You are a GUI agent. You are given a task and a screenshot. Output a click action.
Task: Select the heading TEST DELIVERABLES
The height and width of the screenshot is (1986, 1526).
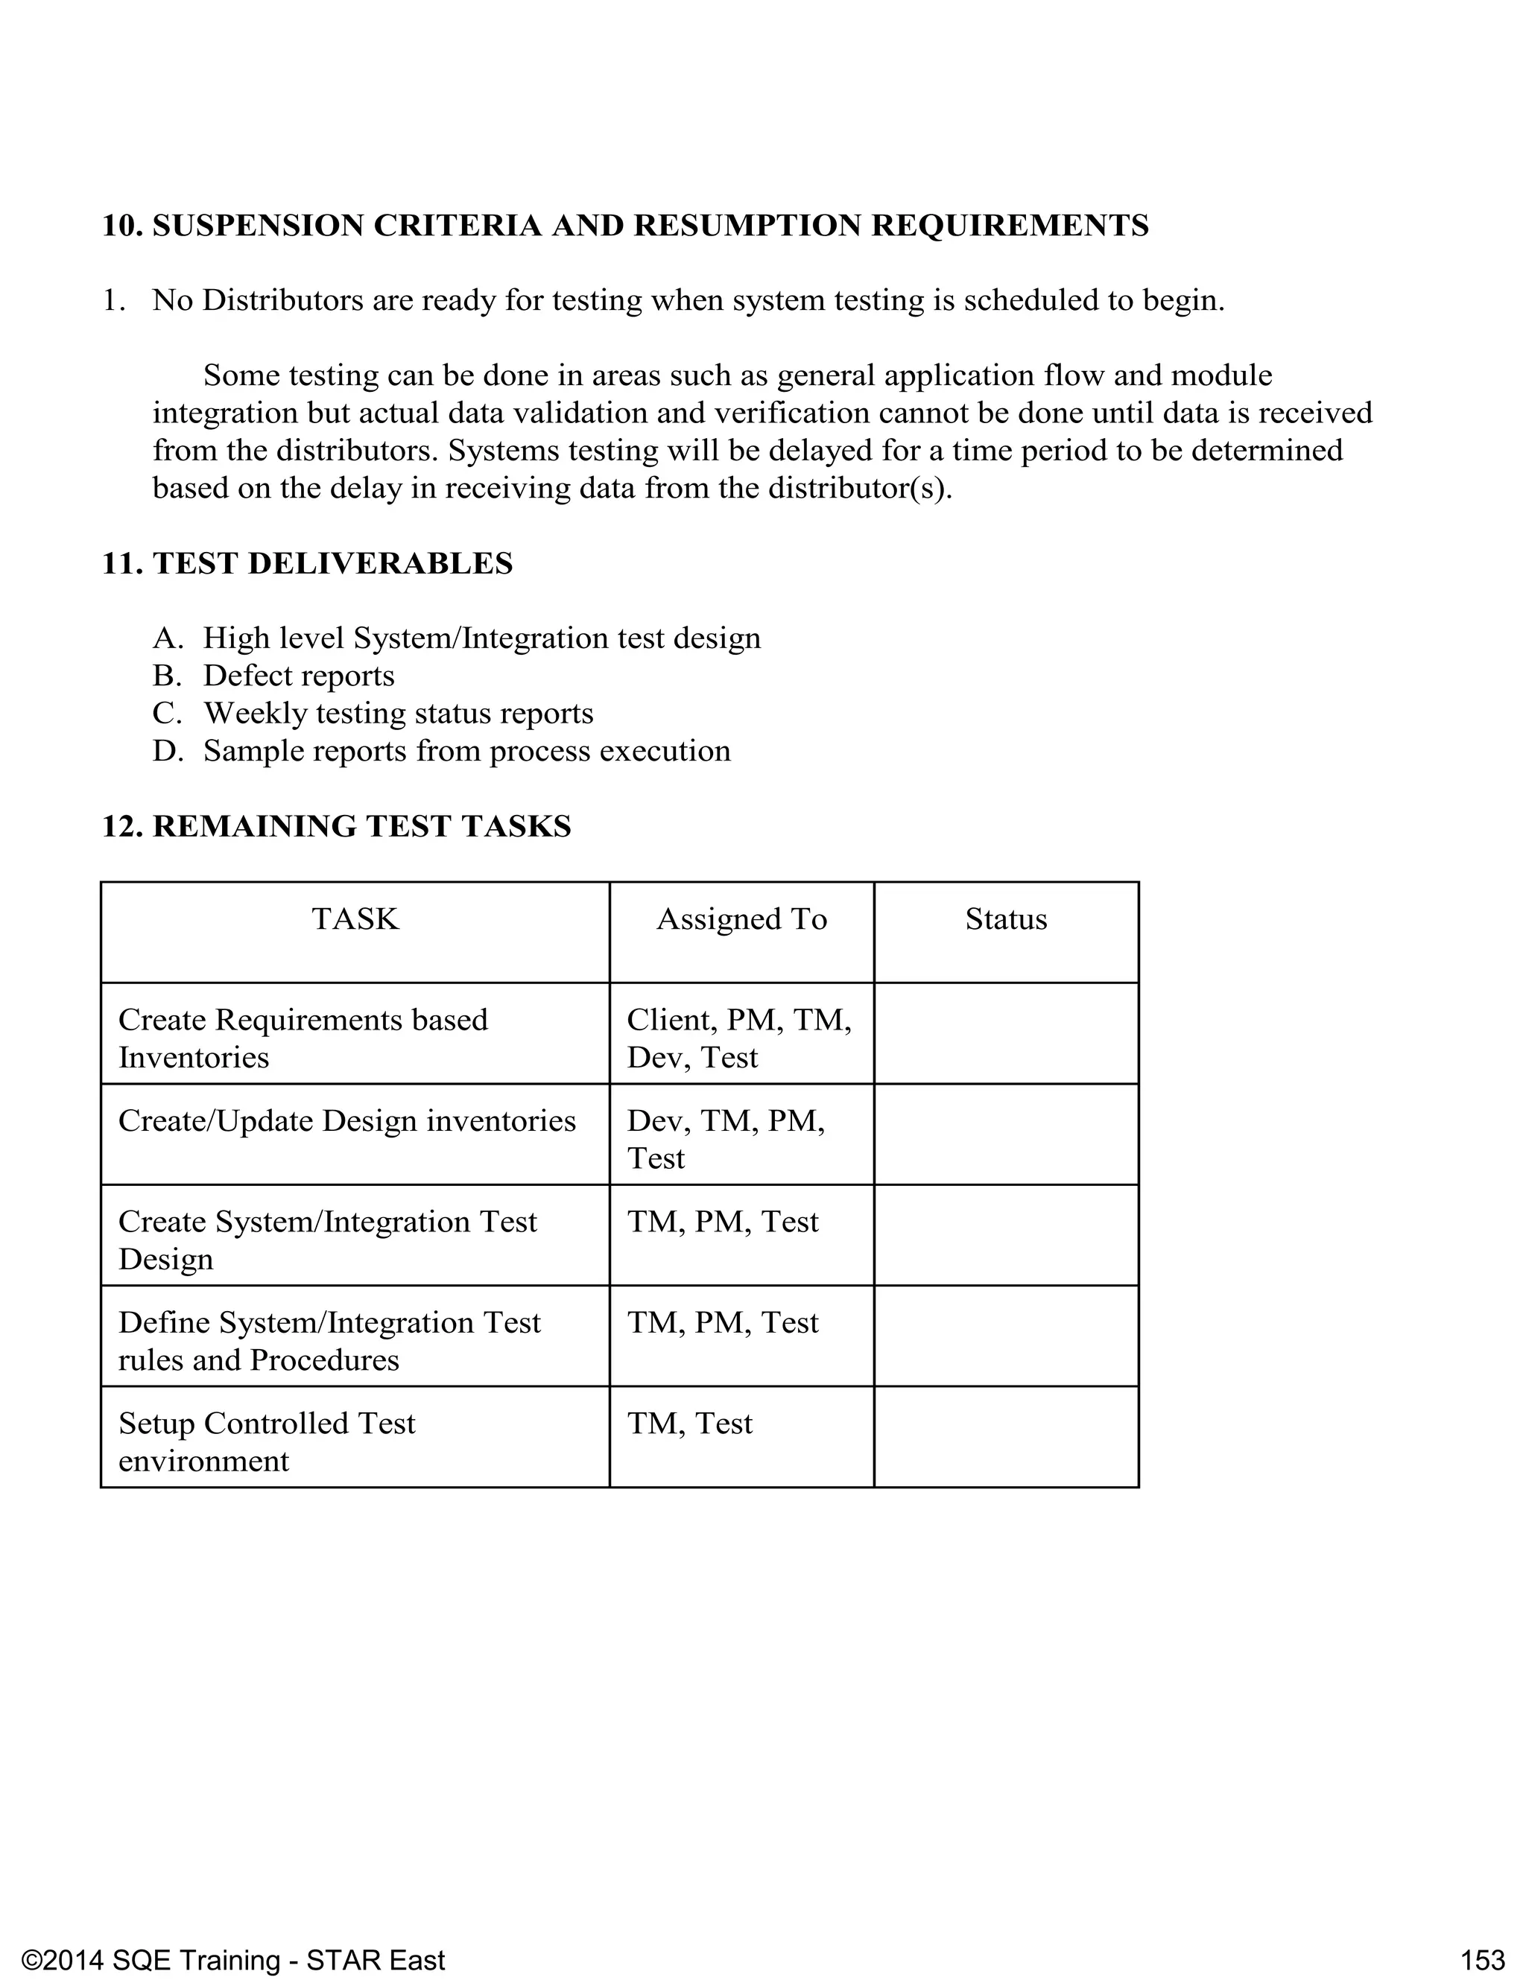click(x=332, y=563)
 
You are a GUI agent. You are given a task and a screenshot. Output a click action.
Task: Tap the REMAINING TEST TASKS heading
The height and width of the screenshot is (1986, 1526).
click(x=361, y=825)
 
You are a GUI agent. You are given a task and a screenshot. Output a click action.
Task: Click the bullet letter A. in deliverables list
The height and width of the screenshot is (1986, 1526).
click(x=168, y=638)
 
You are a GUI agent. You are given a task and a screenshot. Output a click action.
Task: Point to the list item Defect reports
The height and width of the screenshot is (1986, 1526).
click(x=299, y=676)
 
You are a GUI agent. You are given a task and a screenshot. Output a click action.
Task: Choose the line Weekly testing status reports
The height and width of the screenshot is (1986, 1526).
click(x=398, y=713)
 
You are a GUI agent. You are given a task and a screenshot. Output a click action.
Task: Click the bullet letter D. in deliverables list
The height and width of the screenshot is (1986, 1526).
click(x=168, y=751)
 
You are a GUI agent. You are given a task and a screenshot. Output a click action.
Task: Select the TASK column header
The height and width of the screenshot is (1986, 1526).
click(x=355, y=919)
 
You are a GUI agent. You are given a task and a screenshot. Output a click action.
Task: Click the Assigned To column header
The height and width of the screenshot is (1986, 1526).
click(x=741, y=919)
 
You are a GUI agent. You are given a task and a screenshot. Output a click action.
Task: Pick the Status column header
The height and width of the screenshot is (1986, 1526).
click(x=1005, y=919)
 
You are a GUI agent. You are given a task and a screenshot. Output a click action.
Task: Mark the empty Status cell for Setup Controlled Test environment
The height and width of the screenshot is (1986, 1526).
click(x=1005, y=1435)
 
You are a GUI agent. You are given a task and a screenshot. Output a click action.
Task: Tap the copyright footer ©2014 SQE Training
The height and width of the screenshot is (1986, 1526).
click(x=232, y=1935)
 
